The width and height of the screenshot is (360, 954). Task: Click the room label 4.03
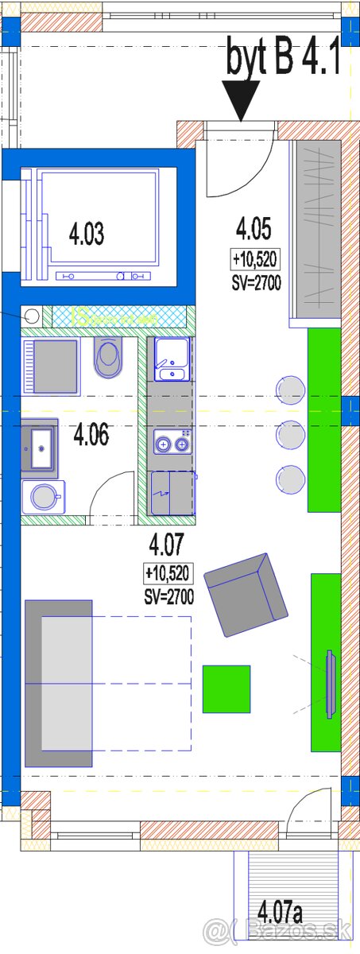tap(87, 235)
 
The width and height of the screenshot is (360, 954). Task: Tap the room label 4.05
tap(254, 230)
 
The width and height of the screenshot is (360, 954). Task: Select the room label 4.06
tap(91, 435)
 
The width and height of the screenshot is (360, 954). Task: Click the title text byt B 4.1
tap(284, 58)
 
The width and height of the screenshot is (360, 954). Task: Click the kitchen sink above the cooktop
tap(171, 359)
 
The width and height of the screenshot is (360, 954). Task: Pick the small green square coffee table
tap(226, 688)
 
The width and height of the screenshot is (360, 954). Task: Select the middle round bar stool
tap(289, 434)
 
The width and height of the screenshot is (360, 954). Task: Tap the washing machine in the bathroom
tap(43, 497)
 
